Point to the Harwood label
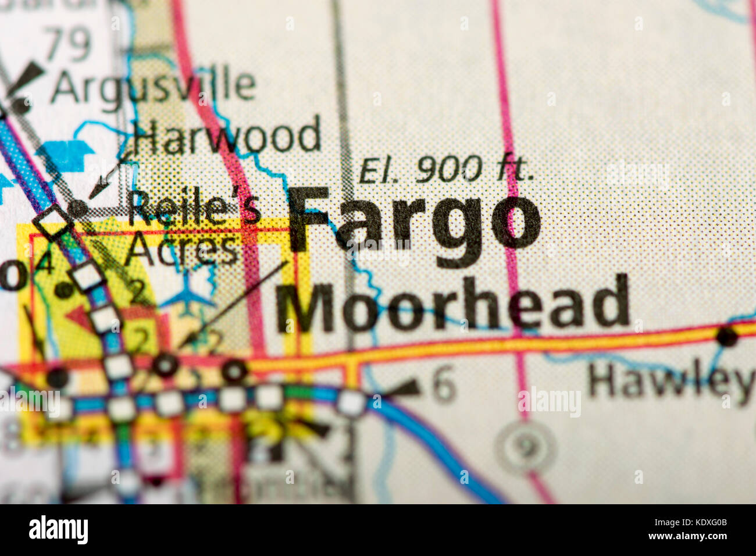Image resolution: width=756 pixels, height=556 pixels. click(227, 135)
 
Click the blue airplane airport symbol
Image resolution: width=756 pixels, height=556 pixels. click(187, 294)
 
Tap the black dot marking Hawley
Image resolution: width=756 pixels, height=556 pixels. click(727, 336)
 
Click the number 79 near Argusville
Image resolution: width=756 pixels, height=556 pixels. click(68, 44)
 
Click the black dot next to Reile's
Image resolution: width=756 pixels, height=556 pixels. click(77, 208)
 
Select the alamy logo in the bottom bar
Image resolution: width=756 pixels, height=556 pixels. click(58, 530)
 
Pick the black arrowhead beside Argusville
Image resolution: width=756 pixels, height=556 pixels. click(27, 76)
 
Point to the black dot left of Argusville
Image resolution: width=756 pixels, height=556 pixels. click(20, 105)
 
